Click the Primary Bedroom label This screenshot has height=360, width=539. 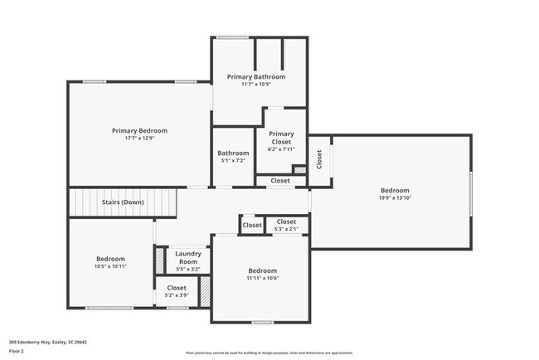(x=139, y=130)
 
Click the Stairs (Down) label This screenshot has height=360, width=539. (x=122, y=202)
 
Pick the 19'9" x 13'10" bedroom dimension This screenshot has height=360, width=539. (x=395, y=197)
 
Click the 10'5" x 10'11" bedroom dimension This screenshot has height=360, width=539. (x=110, y=266)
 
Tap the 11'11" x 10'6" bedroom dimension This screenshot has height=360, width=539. (x=262, y=279)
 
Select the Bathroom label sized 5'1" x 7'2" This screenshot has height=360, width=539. (x=233, y=153)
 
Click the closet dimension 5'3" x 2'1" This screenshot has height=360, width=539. (x=286, y=229)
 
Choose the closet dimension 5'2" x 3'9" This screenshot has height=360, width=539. (x=177, y=295)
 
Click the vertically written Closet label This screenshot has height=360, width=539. (x=319, y=157)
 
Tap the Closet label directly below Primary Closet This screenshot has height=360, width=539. (x=279, y=180)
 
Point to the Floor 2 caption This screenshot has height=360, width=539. (x=17, y=351)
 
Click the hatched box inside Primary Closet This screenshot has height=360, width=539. (x=299, y=170)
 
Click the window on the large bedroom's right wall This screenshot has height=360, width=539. (x=472, y=191)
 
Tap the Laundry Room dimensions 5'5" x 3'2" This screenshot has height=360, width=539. (x=187, y=269)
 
